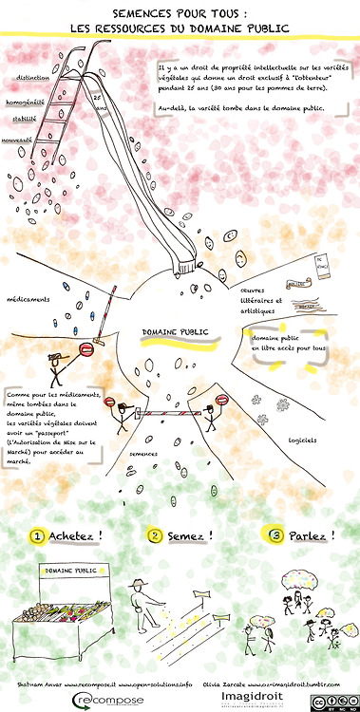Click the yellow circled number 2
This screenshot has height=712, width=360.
click(x=156, y=536)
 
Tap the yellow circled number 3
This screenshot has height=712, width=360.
click(x=276, y=536)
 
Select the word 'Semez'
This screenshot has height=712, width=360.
click(x=191, y=536)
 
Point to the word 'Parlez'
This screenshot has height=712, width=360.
click(x=312, y=536)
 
